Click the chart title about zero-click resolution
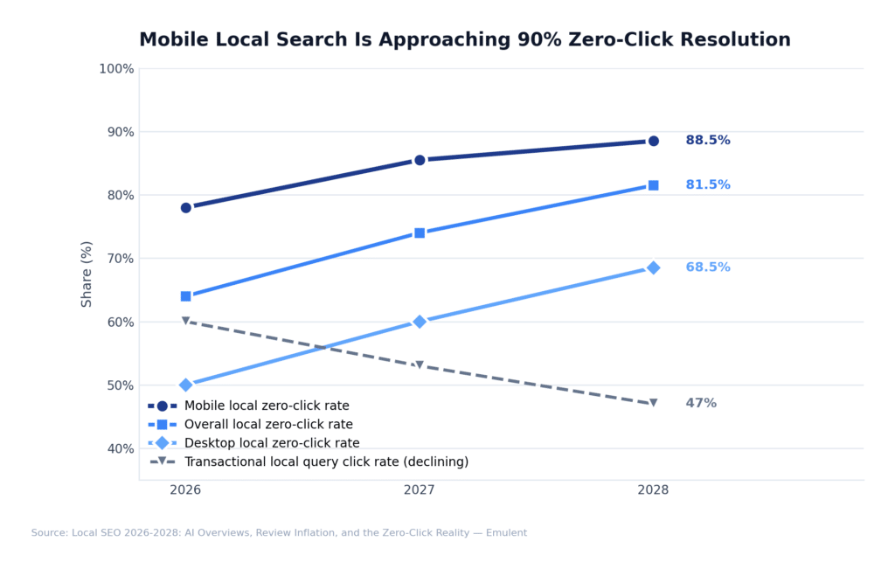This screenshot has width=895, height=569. click(x=464, y=40)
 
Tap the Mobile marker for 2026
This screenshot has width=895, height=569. click(x=186, y=208)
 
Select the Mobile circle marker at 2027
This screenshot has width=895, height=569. click(x=420, y=160)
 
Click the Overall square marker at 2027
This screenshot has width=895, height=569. click(x=420, y=233)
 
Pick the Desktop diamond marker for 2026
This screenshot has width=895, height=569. click(x=186, y=385)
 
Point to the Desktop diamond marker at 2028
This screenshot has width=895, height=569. click(x=653, y=267)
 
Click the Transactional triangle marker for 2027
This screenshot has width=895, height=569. click(x=420, y=365)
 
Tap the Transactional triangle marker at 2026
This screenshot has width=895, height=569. click(x=186, y=321)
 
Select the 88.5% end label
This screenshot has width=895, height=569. click(x=707, y=141)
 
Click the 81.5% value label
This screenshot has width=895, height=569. click(x=707, y=185)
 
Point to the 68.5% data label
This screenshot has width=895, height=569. click(x=707, y=267)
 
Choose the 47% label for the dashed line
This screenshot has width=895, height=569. click(x=700, y=404)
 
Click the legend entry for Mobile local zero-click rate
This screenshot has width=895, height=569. click(x=266, y=406)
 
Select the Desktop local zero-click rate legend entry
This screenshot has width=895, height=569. click(x=271, y=443)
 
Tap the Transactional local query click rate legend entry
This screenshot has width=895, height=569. click(x=325, y=462)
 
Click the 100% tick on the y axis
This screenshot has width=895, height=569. click(x=116, y=69)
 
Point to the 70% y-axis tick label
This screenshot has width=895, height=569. click(x=119, y=259)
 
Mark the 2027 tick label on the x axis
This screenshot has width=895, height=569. click(x=420, y=490)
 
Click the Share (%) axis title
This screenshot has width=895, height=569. click(x=87, y=274)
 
